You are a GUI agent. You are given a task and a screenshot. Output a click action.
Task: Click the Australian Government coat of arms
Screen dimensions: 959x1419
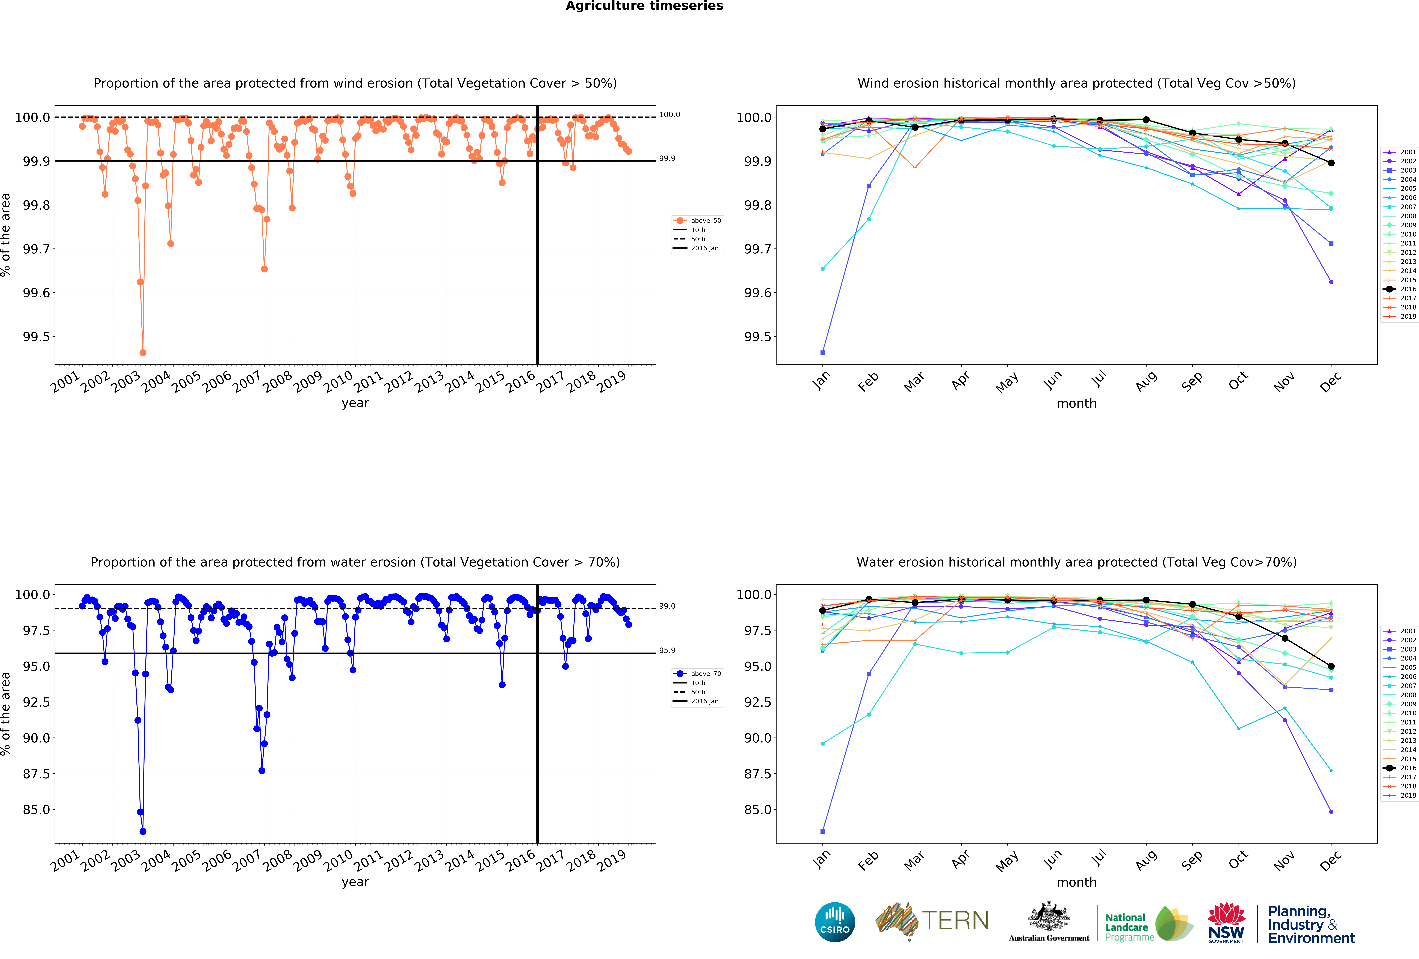pyautogui.click(x=1048, y=916)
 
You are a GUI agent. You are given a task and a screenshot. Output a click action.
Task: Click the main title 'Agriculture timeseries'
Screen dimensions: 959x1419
pyautogui.click(x=644, y=6)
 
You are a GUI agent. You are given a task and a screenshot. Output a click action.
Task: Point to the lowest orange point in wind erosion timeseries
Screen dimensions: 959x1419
pyautogui.click(x=143, y=352)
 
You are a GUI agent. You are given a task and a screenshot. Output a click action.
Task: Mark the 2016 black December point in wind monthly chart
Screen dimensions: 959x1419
pyautogui.click(x=1331, y=163)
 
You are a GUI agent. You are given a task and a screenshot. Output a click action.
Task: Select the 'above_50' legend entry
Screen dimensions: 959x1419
pyautogui.click(x=705, y=221)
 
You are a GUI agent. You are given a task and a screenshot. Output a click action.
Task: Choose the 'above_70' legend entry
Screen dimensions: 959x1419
pyautogui.click(x=705, y=674)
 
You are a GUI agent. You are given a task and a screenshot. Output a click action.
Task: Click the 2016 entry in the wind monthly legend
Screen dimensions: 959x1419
pyautogui.click(x=1407, y=289)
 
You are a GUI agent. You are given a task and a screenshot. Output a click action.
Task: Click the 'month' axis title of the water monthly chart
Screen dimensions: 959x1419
pyautogui.click(x=1076, y=882)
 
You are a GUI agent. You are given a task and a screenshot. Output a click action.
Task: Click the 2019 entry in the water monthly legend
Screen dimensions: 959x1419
pyautogui.click(x=1407, y=795)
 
